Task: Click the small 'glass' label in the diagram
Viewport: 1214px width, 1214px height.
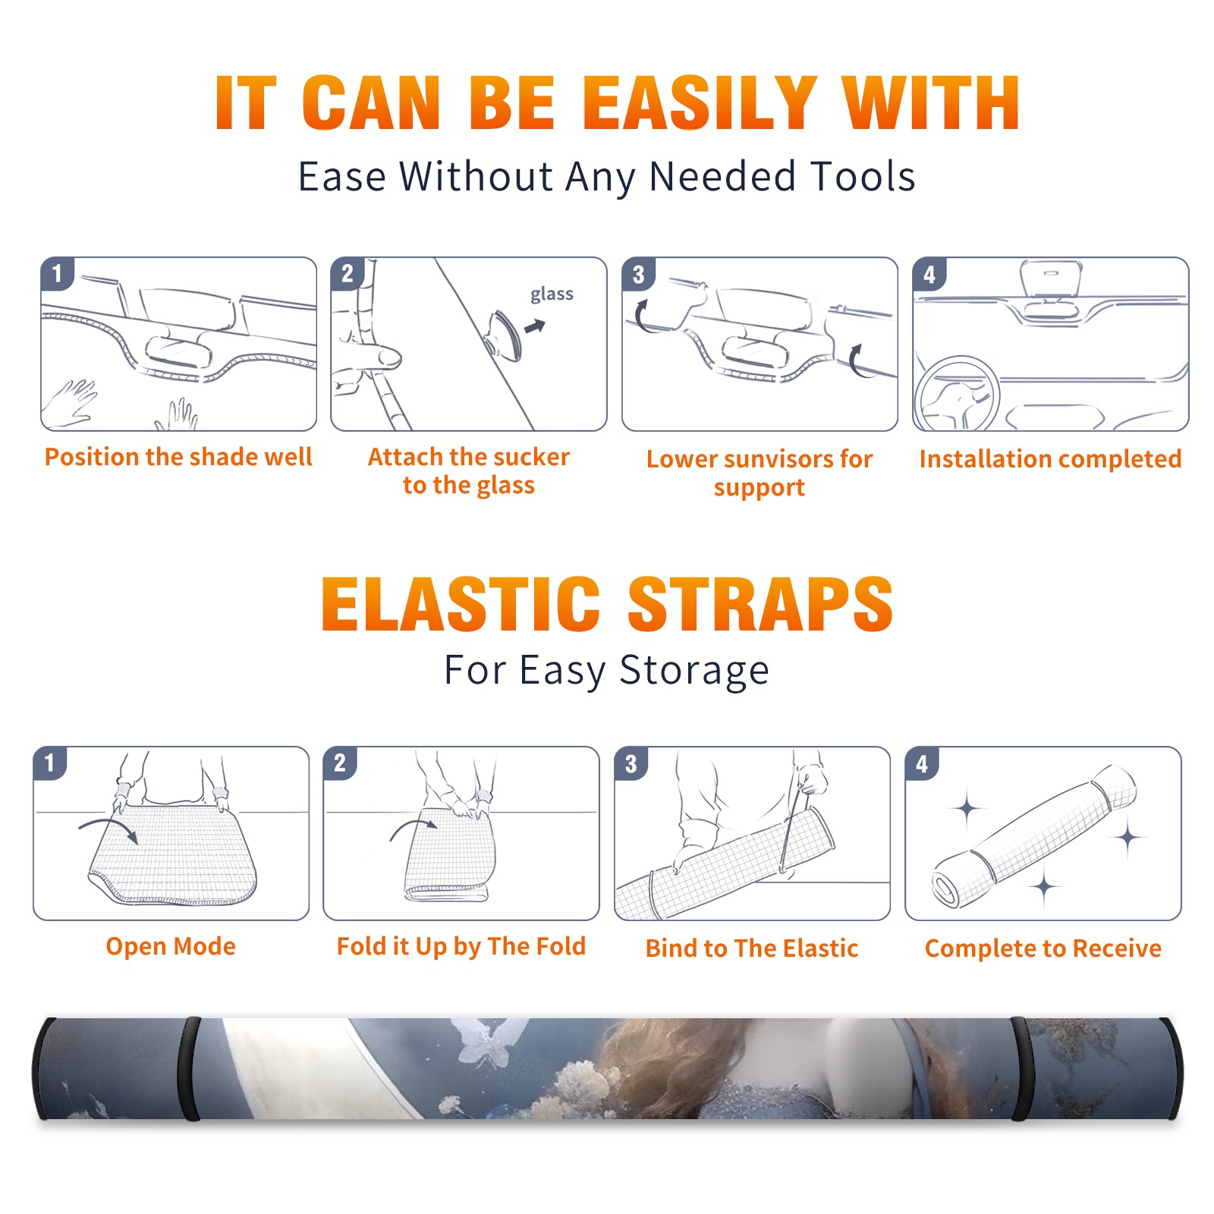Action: coord(552,294)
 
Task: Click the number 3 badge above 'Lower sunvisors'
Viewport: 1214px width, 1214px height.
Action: coord(638,275)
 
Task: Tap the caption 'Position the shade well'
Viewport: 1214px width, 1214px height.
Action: coord(178,457)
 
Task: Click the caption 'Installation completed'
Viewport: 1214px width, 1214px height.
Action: coord(1050,458)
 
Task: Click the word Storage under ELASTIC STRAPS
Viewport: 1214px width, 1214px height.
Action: coord(693,671)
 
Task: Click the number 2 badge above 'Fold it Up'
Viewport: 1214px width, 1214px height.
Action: coord(340,763)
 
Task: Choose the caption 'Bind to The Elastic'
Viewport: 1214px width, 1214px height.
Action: coord(751,948)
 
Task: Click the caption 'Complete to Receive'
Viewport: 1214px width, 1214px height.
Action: coord(1043,948)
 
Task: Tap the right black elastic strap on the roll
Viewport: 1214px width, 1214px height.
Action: coord(1021,1069)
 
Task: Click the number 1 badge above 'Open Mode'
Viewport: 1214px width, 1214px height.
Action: coord(49,763)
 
